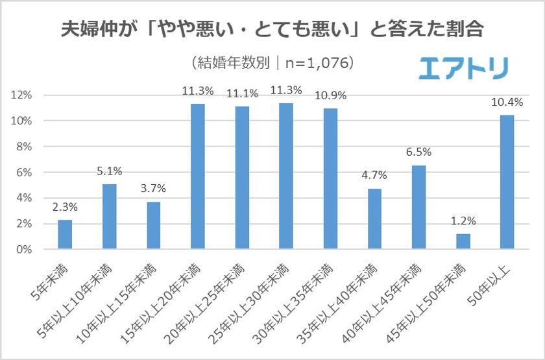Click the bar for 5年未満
(x=65, y=235)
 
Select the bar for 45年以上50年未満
(x=463, y=241)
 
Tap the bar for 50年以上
(x=507, y=182)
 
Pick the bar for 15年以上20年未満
(x=198, y=176)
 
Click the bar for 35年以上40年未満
(x=374, y=219)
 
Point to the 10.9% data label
(x=330, y=95)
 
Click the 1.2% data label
(x=463, y=221)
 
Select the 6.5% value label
(x=418, y=152)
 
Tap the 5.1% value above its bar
(x=110, y=171)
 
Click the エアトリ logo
(x=463, y=67)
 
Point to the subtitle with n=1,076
(x=273, y=63)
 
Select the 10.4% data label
(x=507, y=102)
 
